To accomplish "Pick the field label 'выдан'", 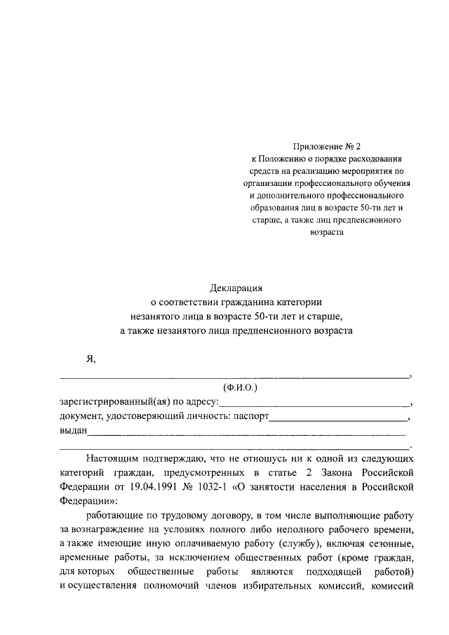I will (x=73, y=431).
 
